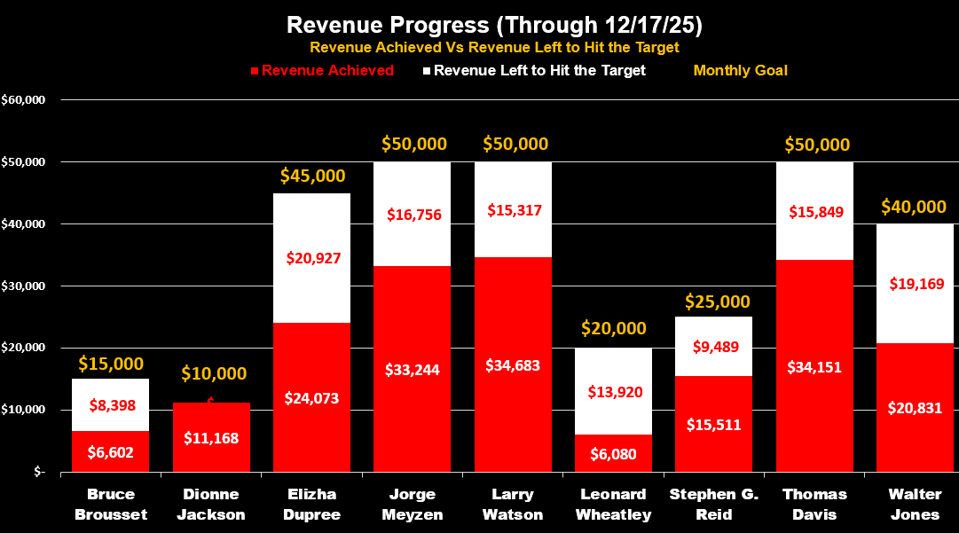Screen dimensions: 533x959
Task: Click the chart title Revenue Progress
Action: [x=479, y=24]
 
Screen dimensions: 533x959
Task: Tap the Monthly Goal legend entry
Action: [x=740, y=70]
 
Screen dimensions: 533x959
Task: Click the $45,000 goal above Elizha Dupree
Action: [x=311, y=176]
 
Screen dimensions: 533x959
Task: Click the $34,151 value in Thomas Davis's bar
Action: [x=814, y=365]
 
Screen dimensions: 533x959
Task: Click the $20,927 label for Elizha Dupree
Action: [x=312, y=258]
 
